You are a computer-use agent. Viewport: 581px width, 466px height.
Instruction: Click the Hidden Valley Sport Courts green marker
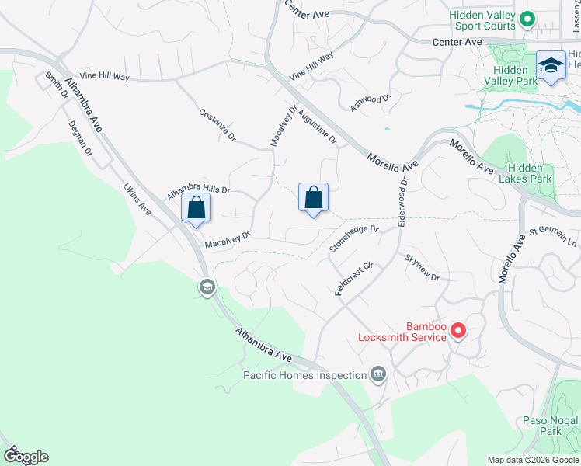pyautogui.click(x=527, y=19)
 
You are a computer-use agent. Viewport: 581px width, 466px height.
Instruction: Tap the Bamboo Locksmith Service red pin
pyautogui.click(x=458, y=332)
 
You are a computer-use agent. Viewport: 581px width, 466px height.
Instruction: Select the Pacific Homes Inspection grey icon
pyautogui.click(x=378, y=375)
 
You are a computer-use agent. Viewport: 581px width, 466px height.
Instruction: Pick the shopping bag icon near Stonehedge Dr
pyautogui.click(x=313, y=198)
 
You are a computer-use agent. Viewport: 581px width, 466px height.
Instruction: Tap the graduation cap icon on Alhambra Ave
pyautogui.click(x=207, y=288)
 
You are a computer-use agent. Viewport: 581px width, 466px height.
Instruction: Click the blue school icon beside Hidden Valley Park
pyautogui.click(x=551, y=66)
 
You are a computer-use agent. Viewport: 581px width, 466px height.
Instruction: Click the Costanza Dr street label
pyautogui.click(x=217, y=125)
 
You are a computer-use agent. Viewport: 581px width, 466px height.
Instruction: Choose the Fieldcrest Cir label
pyautogui.click(x=354, y=278)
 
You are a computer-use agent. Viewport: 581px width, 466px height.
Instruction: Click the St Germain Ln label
pyautogui.click(x=553, y=237)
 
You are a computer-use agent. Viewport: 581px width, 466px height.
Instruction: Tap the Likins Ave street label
pyautogui.click(x=137, y=199)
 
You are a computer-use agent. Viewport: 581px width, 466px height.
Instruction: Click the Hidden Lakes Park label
pyautogui.click(x=530, y=173)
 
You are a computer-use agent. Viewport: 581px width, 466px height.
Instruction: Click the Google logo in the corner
pyautogui.click(x=26, y=457)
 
